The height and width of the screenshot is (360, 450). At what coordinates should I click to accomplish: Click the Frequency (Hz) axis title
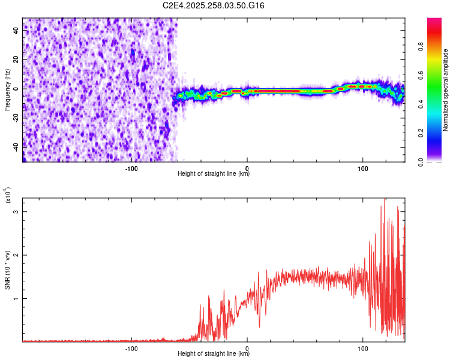pyautogui.click(x=7, y=90)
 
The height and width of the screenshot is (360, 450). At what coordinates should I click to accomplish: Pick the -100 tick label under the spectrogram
pyautogui.click(x=132, y=168)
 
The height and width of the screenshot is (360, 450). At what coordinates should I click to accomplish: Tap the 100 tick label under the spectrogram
pyautogui.click(x=362, y=168)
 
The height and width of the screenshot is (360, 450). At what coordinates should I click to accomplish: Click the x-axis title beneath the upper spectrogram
pyautogui.click(x=214, y=174)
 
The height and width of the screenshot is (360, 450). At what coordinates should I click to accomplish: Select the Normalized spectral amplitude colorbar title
pyautogui.click(x=446, y=90)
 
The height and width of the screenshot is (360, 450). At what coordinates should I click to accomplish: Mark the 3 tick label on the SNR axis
pyautogui.click(x=16, y=212)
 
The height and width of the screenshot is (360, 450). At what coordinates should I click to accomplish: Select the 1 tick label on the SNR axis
pyautogui.click(x=16, y=298)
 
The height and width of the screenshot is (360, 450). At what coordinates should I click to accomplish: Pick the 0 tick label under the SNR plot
pyautogui.click(x=247, y=348)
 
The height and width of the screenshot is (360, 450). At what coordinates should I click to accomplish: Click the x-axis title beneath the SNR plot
pyautogui.click(x=214, y=354)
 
